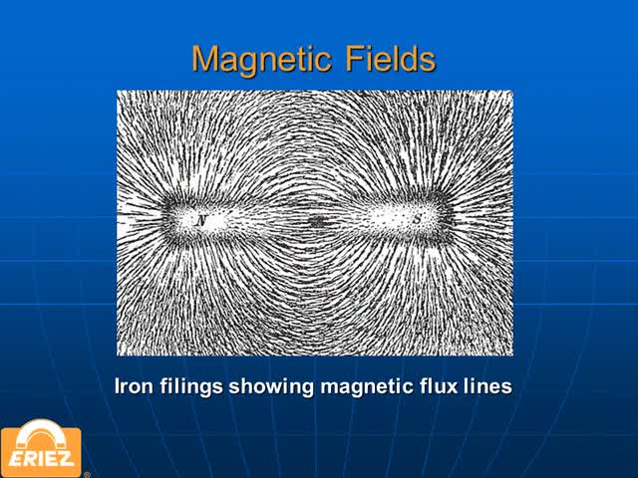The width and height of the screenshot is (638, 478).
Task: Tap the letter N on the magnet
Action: (201, 221)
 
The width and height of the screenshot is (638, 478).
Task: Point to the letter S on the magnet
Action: (417, 219)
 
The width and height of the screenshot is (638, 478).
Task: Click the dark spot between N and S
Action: (316, 221)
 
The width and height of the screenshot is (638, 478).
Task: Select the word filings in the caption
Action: (191, 386)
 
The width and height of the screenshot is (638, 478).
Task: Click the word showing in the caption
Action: (271, 386)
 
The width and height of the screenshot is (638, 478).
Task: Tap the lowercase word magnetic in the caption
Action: (366, 386)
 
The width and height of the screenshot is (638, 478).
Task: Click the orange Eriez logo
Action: (41, 448)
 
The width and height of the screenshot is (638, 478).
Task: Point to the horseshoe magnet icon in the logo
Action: (41, 434)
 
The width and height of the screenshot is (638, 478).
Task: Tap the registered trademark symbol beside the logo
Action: (87, 474)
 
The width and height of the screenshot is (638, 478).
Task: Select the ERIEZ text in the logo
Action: (41, 458)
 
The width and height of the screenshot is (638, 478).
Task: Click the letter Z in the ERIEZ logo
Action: (67, 458)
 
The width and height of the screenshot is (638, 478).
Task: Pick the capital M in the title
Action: (205, 59)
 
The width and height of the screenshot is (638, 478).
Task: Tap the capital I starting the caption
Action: (118, 385)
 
